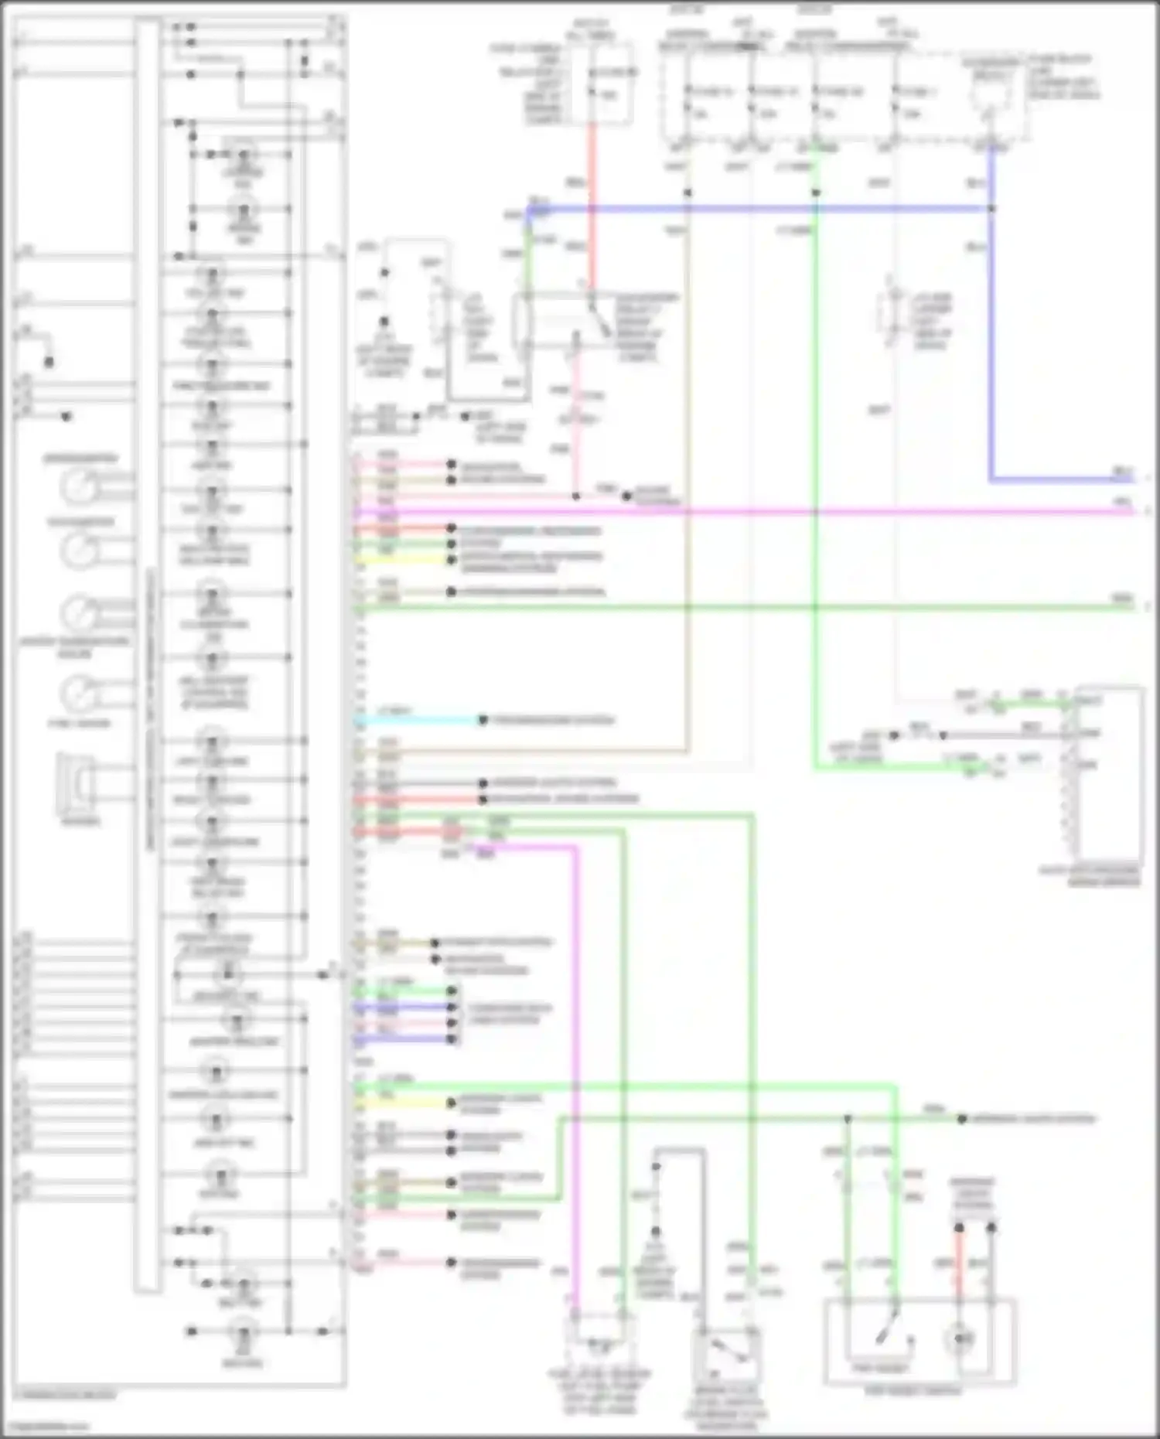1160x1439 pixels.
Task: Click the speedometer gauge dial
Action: click(x=78, y=487)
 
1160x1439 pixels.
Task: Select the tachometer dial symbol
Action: click(x=78, y=551)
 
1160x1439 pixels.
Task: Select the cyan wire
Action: click(x=418, y=721)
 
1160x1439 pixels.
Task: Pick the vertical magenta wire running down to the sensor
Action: click(x=575, y=1083)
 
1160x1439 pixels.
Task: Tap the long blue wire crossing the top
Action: click(x=758, y=209)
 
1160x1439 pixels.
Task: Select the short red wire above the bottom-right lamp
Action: click(x=958, y=1268)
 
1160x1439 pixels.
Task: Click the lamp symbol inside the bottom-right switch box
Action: click(x=960, y=1338)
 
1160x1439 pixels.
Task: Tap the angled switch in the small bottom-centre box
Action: click(x=728, y=1349)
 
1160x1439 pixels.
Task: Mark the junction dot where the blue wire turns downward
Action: click(x=991, y=209)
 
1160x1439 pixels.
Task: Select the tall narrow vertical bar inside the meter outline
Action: click(x=147, y=657)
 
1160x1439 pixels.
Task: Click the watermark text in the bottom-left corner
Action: click(x=46, y=1427)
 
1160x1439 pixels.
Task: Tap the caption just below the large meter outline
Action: click(x=66, y=1396)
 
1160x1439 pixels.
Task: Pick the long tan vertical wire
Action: click(x=686, y=464)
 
